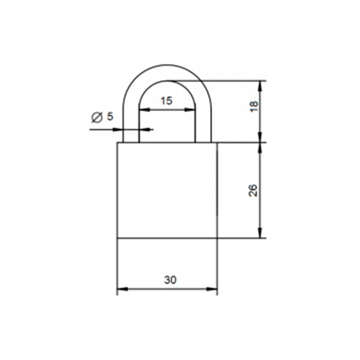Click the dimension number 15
(166, 101)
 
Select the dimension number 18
(254, 106)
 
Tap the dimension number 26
(253, 190)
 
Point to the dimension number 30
(170, 280)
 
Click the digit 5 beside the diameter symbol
(110, 116)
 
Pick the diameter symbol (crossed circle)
(97, 118)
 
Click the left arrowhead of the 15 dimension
(145, 110)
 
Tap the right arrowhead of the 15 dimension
(190, 110)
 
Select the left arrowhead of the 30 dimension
(122, 289)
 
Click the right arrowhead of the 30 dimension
(212, 289)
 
